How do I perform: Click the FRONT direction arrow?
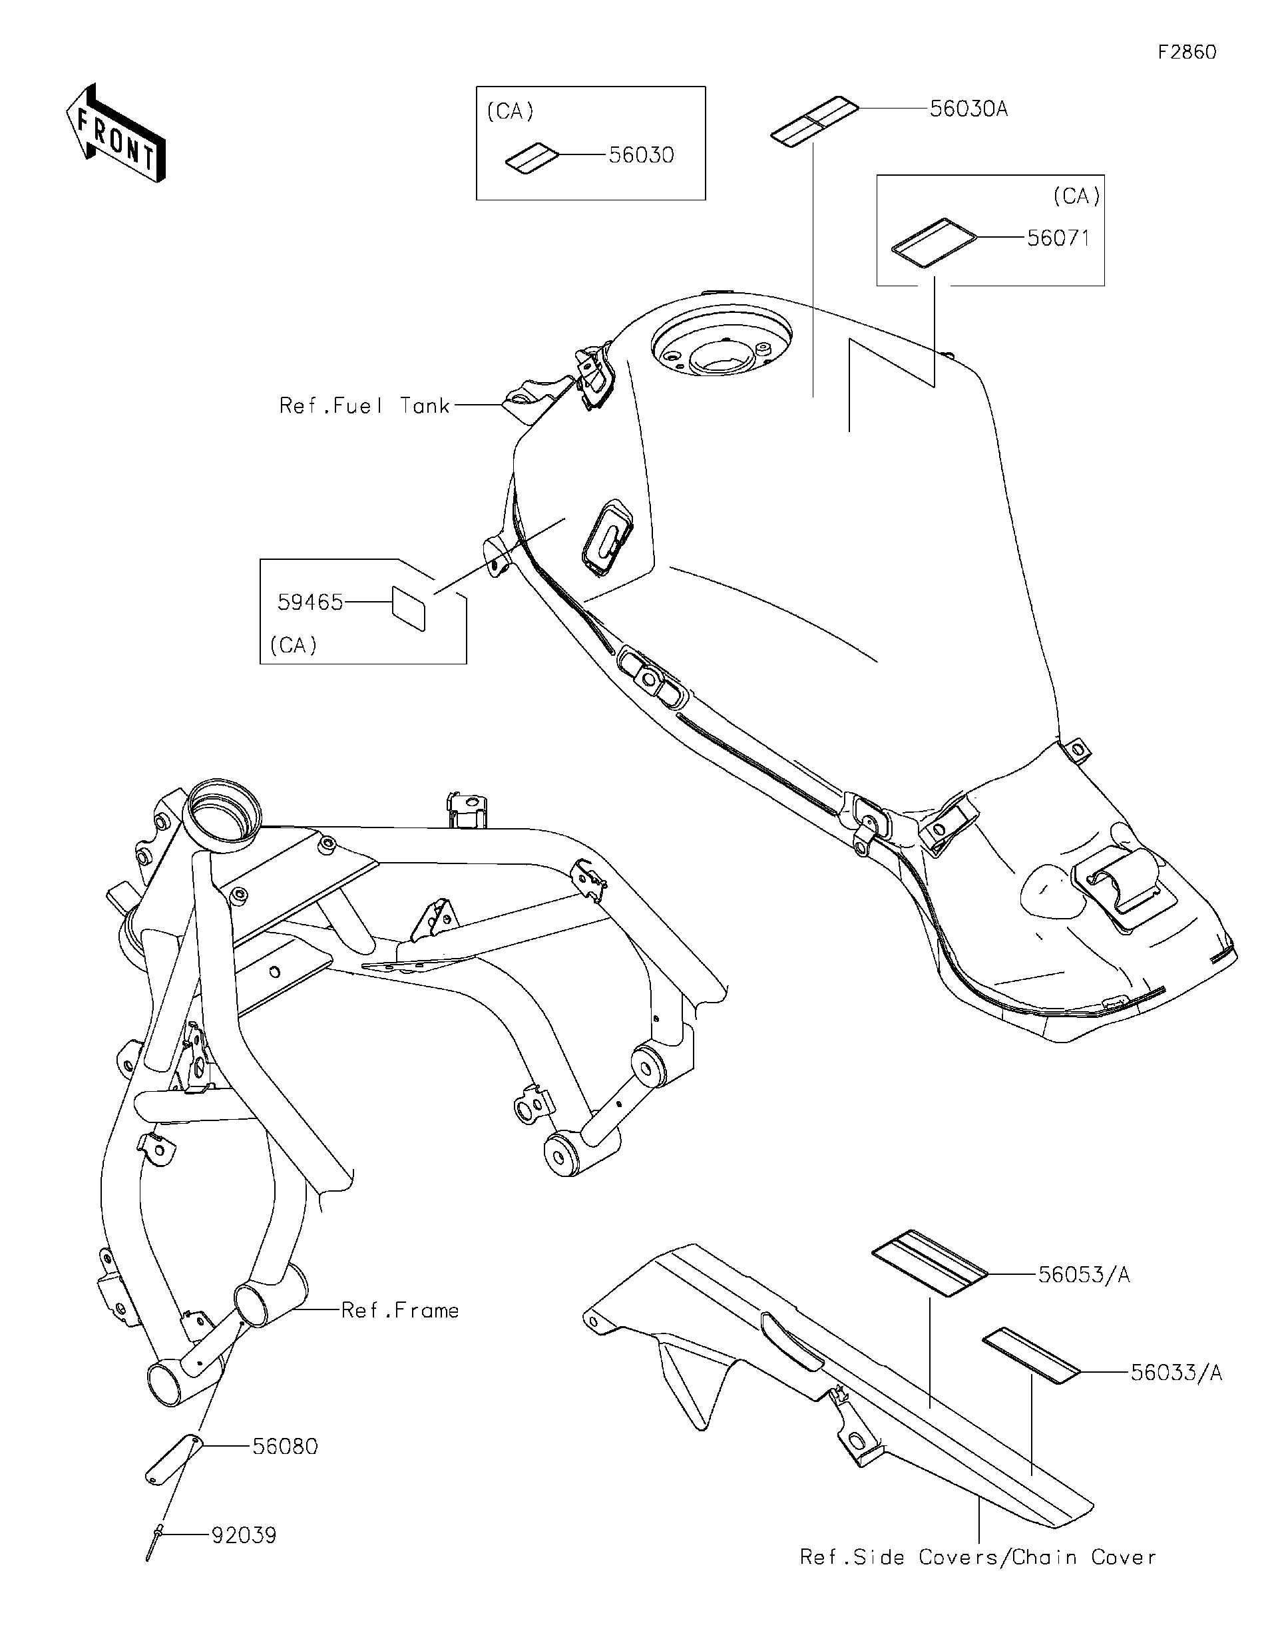(115, 134)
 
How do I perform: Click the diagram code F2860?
(1187, 52)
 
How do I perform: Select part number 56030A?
(968, 110)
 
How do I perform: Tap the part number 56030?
(641, 156)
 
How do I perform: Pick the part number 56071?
(1058, 239)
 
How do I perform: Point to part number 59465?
(310, 602)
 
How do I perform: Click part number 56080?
(285, 1447)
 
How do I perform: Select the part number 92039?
(244, 1536)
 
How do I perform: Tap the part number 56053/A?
(1083, 1276)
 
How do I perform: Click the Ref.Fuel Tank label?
(364, 407)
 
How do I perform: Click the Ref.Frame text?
(400, 1311)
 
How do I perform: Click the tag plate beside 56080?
(172, 1461)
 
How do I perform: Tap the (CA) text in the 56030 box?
(510, 112)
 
